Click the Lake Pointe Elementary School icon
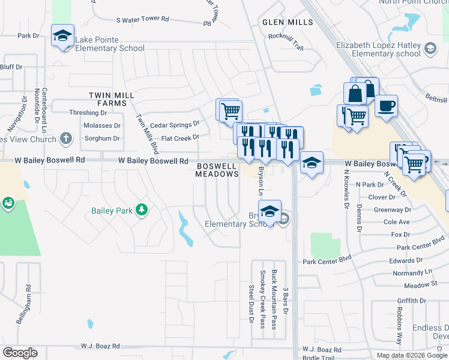pyautogui.click(x=62, y=35)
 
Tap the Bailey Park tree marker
pyautogui.click(x=141, y=210)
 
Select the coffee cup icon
pyautogui.click(x=386, y=106)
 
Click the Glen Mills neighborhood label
pyautogui.click(x=288, y=22)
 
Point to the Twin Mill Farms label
pyautogui.click(x=108, y=99)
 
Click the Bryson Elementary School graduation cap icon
pyautogui.click(x=270, y=211)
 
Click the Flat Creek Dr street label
pyautogui.click(x=176, y=138)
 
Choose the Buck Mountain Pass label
pyautogui.click(x=274, y=299)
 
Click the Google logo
pyautogui.click(x=20, y=353)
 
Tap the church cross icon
pyautogui.click(x=66, y=139)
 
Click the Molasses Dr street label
pyautogui.click(x=100, y=126)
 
